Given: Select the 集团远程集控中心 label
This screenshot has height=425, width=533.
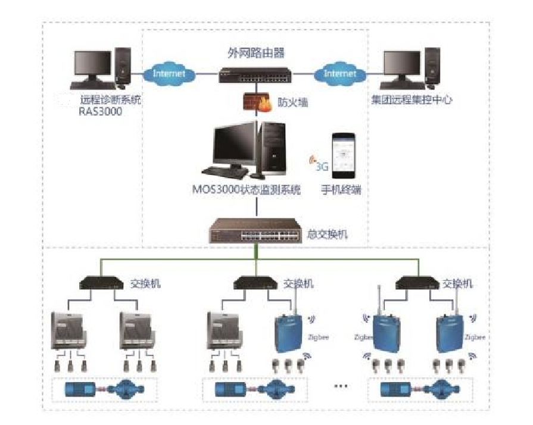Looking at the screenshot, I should coord(410,100).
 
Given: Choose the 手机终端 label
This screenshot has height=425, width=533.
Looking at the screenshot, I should coord(342,192).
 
